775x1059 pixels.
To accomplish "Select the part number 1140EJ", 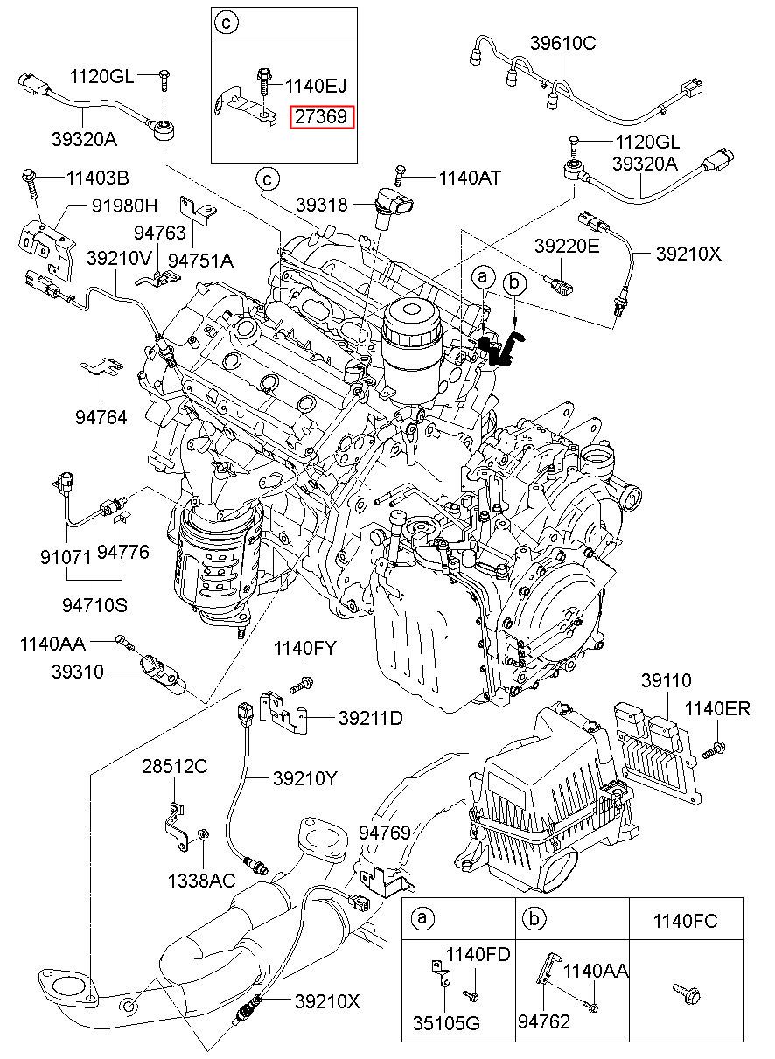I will tap(316, 85).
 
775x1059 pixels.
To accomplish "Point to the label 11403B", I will tap(97, 178).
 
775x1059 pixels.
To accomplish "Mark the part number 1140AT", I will tap(470, 178).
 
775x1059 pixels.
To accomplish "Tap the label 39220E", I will tap(567, 247).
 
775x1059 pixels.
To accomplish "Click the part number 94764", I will tap(101, 418).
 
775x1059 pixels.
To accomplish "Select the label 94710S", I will tap(94, 603).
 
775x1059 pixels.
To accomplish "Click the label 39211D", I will tap(370, 718).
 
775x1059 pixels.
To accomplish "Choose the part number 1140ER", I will tap(717, 708).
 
